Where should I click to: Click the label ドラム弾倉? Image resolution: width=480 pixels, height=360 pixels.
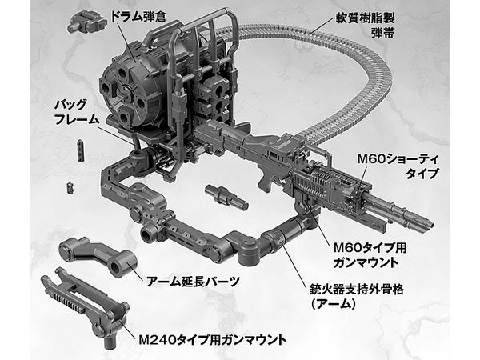[x=138, y=16]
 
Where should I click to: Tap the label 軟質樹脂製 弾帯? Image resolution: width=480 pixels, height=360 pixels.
[x=365, y=25]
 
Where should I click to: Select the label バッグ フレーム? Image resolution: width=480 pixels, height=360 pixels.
[x=77, y=112]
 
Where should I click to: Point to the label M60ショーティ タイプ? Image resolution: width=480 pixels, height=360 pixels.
[x=398, y=166]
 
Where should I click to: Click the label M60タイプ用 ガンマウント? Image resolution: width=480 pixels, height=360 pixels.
[x=370, y=254]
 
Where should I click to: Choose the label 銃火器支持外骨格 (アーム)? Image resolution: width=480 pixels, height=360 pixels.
[x=357, y=296]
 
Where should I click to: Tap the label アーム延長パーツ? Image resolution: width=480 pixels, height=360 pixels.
[x=193, y=281]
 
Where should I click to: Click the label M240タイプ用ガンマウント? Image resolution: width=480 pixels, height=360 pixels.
[x=213, y=339]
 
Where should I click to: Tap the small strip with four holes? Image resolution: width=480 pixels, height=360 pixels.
[x=81, y=151]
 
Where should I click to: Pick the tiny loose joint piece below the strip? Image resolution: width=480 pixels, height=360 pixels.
[x=70, y=187]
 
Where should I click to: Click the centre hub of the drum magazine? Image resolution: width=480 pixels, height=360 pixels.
[x=126, y=90]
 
